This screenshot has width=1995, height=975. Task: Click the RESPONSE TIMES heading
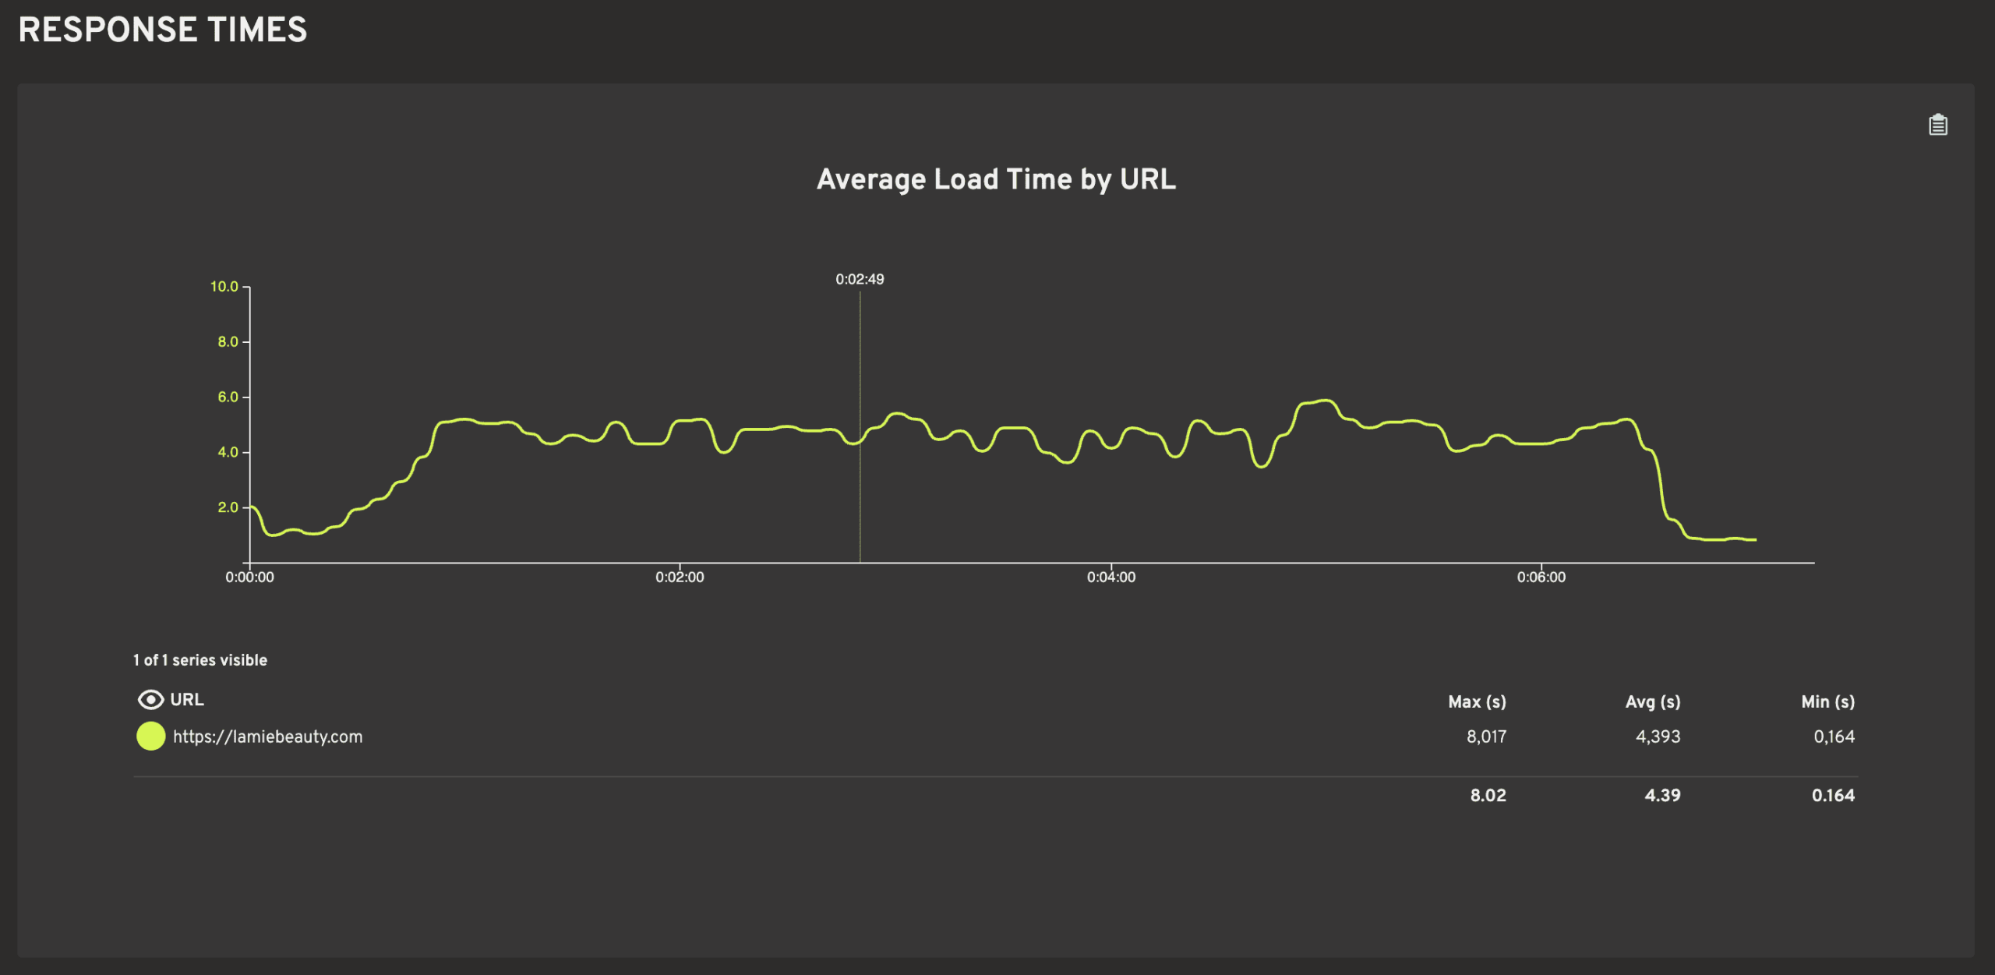[x=163, y=30]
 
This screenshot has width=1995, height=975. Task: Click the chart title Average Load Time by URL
[x=996, y=179]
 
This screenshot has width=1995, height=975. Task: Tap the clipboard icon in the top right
[x=1937, y=125]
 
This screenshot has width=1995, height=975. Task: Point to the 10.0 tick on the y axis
[x=224, y=287]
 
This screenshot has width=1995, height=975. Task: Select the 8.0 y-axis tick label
[x=228, y=341]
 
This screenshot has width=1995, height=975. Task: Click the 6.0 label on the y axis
[x=228, y=397]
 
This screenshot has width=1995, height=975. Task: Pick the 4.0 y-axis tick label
[x=228, y=452]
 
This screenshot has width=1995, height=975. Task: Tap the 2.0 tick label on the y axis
[x=228, y=507]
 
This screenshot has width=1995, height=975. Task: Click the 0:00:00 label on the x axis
[x=249, y=578]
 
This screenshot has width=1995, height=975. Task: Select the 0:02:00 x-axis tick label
[x=680, y=578]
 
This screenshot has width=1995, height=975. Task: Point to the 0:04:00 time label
[x=1111, y=578]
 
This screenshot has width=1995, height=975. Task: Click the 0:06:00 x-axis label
[x=1541, y=578]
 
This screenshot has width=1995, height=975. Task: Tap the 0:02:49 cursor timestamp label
[x=860, y=279]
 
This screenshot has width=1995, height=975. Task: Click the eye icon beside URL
[x=150, y=700]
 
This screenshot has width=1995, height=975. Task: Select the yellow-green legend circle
[x=150, y=737]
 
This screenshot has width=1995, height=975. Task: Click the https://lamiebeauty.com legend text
[x=267, y=737]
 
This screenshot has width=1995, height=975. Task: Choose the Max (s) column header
[x=1477, y=701]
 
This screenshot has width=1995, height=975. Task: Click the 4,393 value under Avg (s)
[x=1658, y=737]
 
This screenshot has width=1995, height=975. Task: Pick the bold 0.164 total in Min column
[x=1833, y=796]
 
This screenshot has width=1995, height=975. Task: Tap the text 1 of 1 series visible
[x=200, y=660]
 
